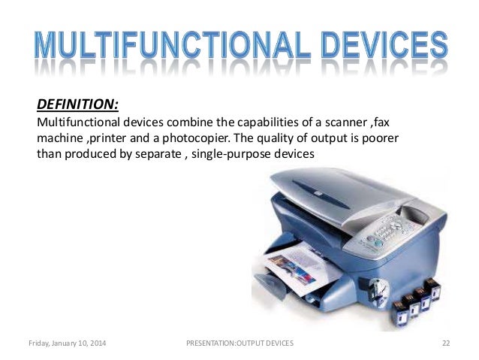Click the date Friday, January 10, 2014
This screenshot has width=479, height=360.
click(67, 343)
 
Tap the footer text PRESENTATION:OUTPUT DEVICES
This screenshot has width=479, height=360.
click(239, 343)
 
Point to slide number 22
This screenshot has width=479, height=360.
click(446, 343)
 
